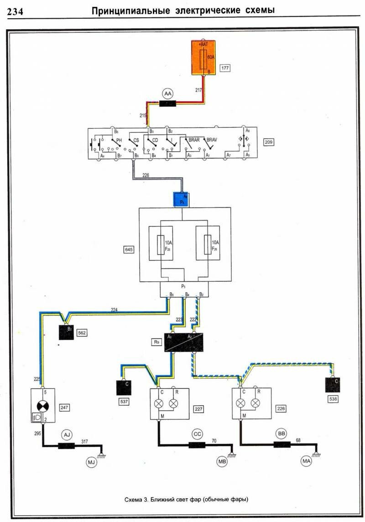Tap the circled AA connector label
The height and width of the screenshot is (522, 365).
click(x=168, y=93)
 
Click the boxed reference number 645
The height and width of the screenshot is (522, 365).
click(x=129, y=249)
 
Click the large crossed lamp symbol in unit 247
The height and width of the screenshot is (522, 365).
click(x=42, y=404)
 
